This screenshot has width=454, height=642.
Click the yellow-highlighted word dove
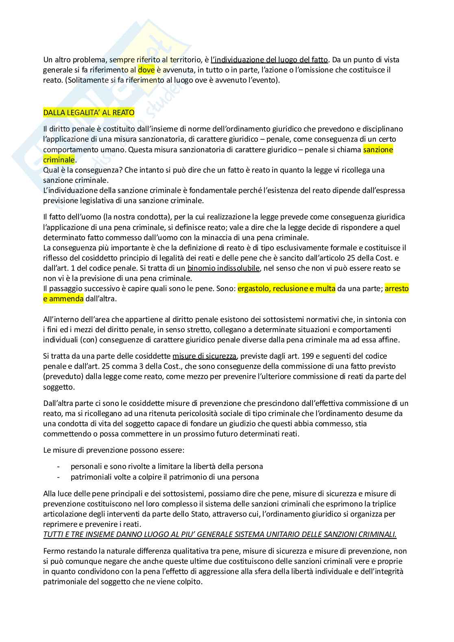pos(146,70)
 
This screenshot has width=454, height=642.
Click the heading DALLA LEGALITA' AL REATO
pos(89,113)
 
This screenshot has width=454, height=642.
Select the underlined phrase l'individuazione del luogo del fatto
pos(269,60)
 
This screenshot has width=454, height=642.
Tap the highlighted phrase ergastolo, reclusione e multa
pos(286,289)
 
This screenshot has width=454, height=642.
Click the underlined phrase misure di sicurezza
pos(204,356)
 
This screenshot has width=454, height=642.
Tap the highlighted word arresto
pos(397,289)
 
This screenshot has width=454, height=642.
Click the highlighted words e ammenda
pos(63,299)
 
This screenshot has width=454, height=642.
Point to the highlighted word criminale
pos(59,160)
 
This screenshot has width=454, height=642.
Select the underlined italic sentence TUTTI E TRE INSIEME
pos(220,535)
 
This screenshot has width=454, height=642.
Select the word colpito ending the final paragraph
pos(189,582)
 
